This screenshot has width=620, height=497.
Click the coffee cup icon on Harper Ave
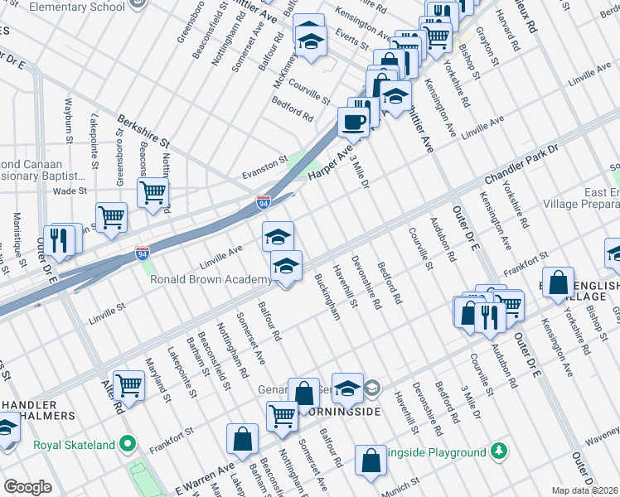point(354,123)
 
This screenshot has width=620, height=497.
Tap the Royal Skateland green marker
point(127,444)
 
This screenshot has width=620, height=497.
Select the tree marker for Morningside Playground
point(498,451)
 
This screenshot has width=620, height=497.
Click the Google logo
point(27,487)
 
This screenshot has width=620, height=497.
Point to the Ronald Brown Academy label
point(211,279)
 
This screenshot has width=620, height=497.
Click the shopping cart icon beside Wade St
point(153,192)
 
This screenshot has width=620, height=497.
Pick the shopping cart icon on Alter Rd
point(129,384)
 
